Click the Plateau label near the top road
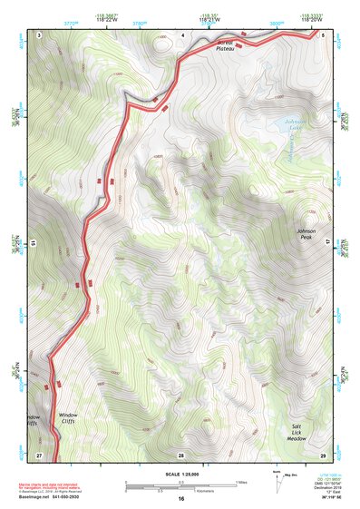tap(226, 46)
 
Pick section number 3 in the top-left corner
tap(41, 34)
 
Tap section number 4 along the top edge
tap(182, 34)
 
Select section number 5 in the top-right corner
tap(323, 34)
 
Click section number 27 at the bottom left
tap(39, 454)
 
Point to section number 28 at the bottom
tap(180, 454)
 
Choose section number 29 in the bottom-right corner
tap(323, 454)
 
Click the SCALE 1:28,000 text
tap(180, 474)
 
